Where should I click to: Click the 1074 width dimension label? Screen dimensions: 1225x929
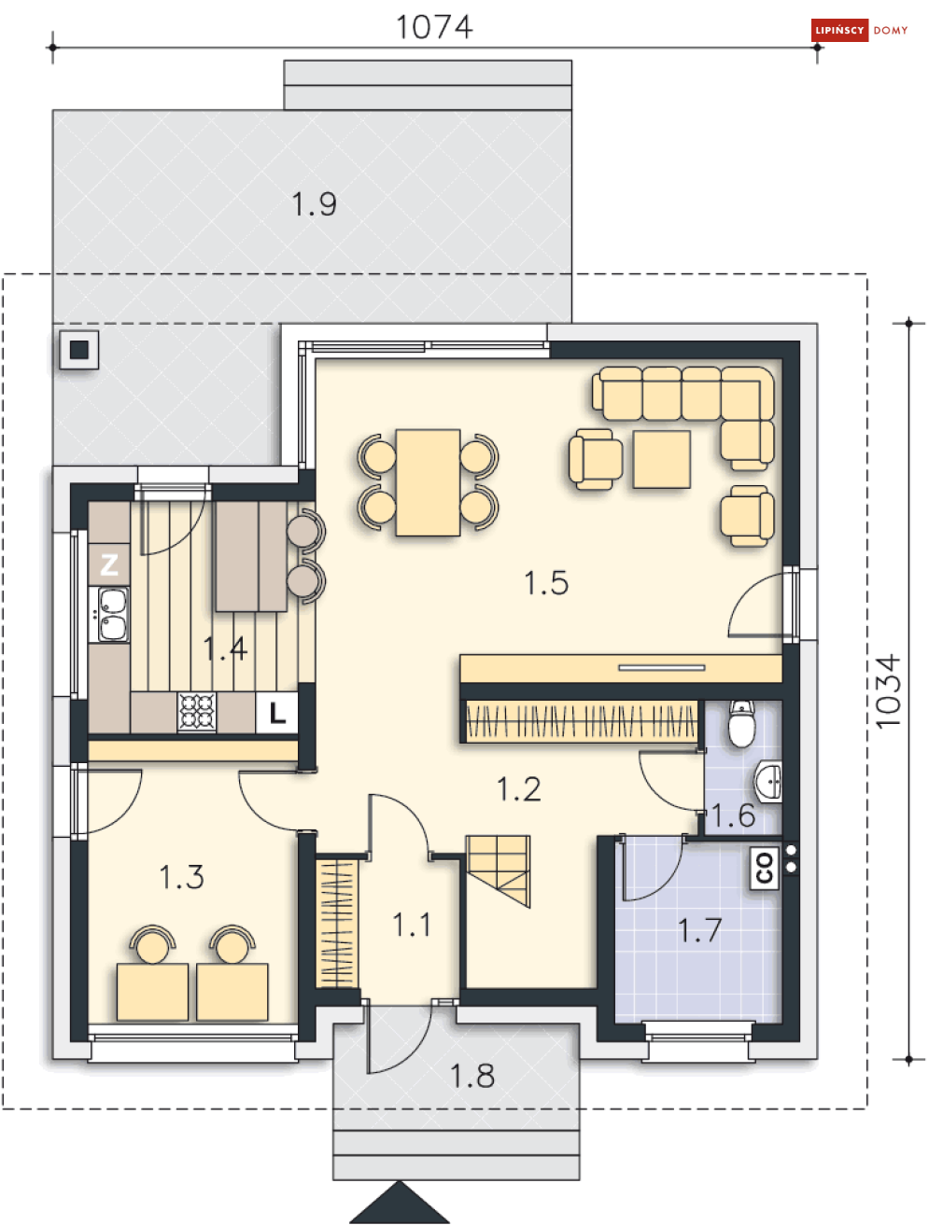[434, 27]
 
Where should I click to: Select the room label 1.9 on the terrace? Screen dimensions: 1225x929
[314, 204]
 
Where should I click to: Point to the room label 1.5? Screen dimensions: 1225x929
[546, 583]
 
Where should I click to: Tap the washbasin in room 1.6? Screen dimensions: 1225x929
[769, 781]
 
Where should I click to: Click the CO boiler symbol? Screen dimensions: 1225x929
[765, 868]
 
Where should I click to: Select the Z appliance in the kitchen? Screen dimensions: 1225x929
[109, 564]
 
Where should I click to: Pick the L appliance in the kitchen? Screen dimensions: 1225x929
[277, 714]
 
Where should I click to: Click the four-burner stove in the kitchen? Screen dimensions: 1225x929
[197, 713]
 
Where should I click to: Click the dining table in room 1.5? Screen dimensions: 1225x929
[428, 482]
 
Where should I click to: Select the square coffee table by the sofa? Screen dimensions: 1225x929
[661, 459]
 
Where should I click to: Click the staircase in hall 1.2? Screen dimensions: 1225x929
[499, 870]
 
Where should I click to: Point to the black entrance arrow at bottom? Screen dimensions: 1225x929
[400, 1204]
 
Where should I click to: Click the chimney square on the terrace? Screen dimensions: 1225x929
[79, 350]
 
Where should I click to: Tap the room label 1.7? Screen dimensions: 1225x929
[699, 930]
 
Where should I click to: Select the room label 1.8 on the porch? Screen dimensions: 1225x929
[472, 1077]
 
